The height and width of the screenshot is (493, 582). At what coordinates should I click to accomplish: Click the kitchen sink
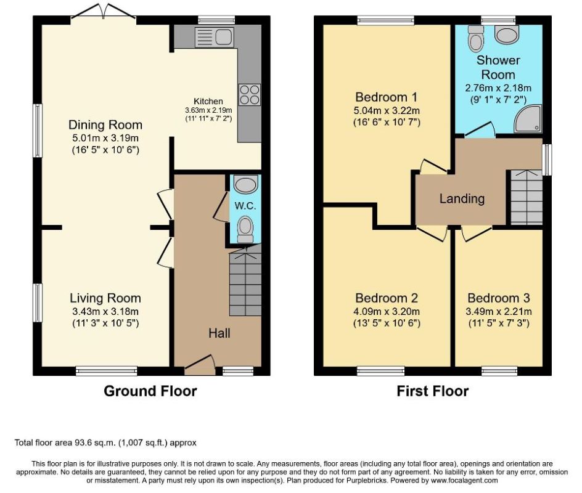[x=214, y=38]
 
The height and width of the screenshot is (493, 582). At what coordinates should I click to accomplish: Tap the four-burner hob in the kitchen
[x=250, y=94]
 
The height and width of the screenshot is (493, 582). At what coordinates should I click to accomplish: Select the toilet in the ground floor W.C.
[x=245, y=229]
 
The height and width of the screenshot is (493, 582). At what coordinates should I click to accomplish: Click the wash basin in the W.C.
[x=245, y=184]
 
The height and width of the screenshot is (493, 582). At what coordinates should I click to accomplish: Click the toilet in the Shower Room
[x=475, y=38]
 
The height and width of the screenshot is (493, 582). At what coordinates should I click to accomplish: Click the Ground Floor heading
[x=150, y=391]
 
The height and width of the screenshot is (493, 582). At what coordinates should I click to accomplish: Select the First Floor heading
[x=432, y=391]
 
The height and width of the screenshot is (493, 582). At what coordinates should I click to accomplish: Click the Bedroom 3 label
[x=499, y=298]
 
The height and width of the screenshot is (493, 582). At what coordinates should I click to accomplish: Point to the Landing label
[x=462, y=198]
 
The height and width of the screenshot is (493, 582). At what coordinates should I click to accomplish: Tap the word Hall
[x=219, y=333]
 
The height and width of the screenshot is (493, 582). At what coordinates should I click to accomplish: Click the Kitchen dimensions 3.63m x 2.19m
[x=208, y=110]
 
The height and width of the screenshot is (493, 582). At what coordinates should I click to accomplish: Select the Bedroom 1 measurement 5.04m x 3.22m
[x=387, y=110]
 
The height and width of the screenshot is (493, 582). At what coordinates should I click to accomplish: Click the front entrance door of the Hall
[x=200, y=365]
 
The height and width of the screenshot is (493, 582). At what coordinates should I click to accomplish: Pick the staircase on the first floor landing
[x=527, y=197]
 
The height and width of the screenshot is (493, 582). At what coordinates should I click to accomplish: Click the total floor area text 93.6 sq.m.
[x=105, y=442]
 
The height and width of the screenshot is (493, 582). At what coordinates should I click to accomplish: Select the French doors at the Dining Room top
[x=104, y=11]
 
